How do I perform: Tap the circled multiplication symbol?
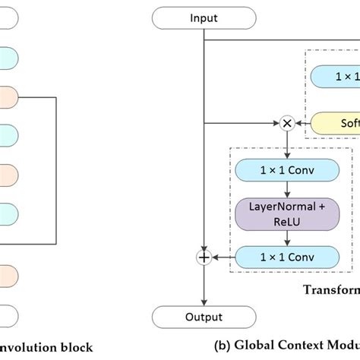pos(287,122)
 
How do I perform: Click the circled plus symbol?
pos(204,257)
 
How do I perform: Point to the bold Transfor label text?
pos(331,289)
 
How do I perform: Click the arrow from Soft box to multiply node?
pos(304,122)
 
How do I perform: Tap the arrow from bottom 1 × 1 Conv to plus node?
pos(224,257)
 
